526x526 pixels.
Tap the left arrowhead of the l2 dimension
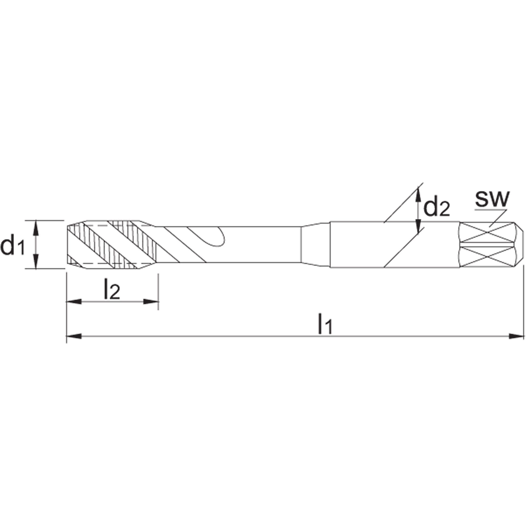click(74, 301)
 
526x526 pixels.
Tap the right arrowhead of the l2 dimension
click(151, 301)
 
